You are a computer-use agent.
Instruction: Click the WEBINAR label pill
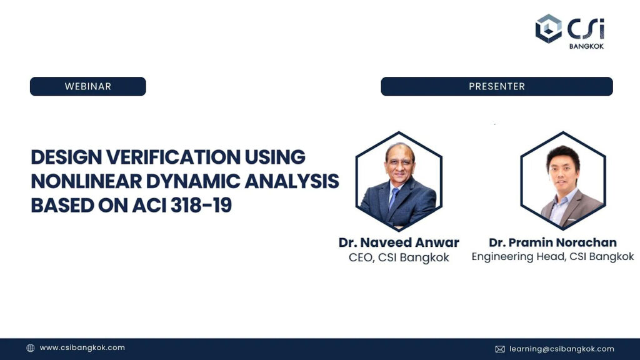point(87,86)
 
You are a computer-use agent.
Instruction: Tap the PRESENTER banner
point(497,86)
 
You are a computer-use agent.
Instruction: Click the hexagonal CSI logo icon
point(549,29)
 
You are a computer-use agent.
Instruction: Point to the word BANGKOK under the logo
point(586,46)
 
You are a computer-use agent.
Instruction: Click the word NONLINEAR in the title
point(86,181)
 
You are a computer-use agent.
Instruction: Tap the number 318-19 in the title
point(201,205)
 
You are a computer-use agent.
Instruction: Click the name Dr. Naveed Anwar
point(399,242)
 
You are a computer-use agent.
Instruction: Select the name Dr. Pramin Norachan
point(552,242)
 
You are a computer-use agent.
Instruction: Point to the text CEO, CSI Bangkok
point(399,257)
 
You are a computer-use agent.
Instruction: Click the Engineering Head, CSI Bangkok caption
point(552,257)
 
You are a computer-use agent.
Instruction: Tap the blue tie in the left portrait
point(394,198)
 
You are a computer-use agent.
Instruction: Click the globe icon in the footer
point(31,348)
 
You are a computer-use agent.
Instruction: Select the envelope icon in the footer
point(500,349)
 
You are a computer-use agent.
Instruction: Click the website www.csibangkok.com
point(82,347)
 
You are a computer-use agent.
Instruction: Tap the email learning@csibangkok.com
point(562,349)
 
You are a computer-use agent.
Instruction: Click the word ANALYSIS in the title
point(292,181)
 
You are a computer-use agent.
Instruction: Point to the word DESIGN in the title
point(66,157)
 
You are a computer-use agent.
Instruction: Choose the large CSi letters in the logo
point(586,29)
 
